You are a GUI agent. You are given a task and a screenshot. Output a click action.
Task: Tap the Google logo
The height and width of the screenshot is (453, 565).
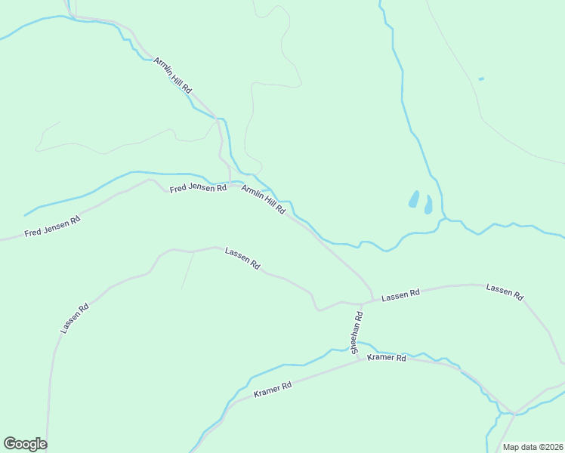coord(25,444)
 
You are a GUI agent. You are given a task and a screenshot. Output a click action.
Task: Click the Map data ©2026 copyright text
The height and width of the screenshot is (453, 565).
coord(533,447)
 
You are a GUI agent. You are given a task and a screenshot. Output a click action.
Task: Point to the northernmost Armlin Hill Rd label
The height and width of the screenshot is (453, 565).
coord(173,75)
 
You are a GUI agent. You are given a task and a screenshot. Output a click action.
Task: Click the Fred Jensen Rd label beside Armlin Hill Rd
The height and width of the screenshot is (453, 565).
coord(198,188)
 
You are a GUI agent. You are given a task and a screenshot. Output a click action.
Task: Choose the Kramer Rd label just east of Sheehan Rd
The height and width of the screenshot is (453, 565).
coord(387,357)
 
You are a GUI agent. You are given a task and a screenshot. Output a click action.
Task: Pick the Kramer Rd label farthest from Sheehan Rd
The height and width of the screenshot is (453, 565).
coord(273,390)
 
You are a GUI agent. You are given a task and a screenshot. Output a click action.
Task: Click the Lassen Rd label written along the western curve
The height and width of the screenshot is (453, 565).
coord(75,319)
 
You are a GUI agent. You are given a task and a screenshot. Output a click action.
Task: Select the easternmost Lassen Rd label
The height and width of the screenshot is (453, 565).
coord(505,292)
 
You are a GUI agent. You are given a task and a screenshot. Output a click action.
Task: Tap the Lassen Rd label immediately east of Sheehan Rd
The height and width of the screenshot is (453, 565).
coord(400,297)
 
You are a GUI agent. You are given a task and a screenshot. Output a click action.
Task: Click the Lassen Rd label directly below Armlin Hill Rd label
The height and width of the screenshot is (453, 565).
coord(242,259)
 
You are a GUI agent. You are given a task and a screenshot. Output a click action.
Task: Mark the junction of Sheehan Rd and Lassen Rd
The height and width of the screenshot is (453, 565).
coord(362,304)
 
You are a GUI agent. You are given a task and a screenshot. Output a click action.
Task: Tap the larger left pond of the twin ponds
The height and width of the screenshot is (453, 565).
coord(414,199)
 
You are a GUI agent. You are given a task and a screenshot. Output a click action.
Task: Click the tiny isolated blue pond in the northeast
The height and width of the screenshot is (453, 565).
coord(481,79)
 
